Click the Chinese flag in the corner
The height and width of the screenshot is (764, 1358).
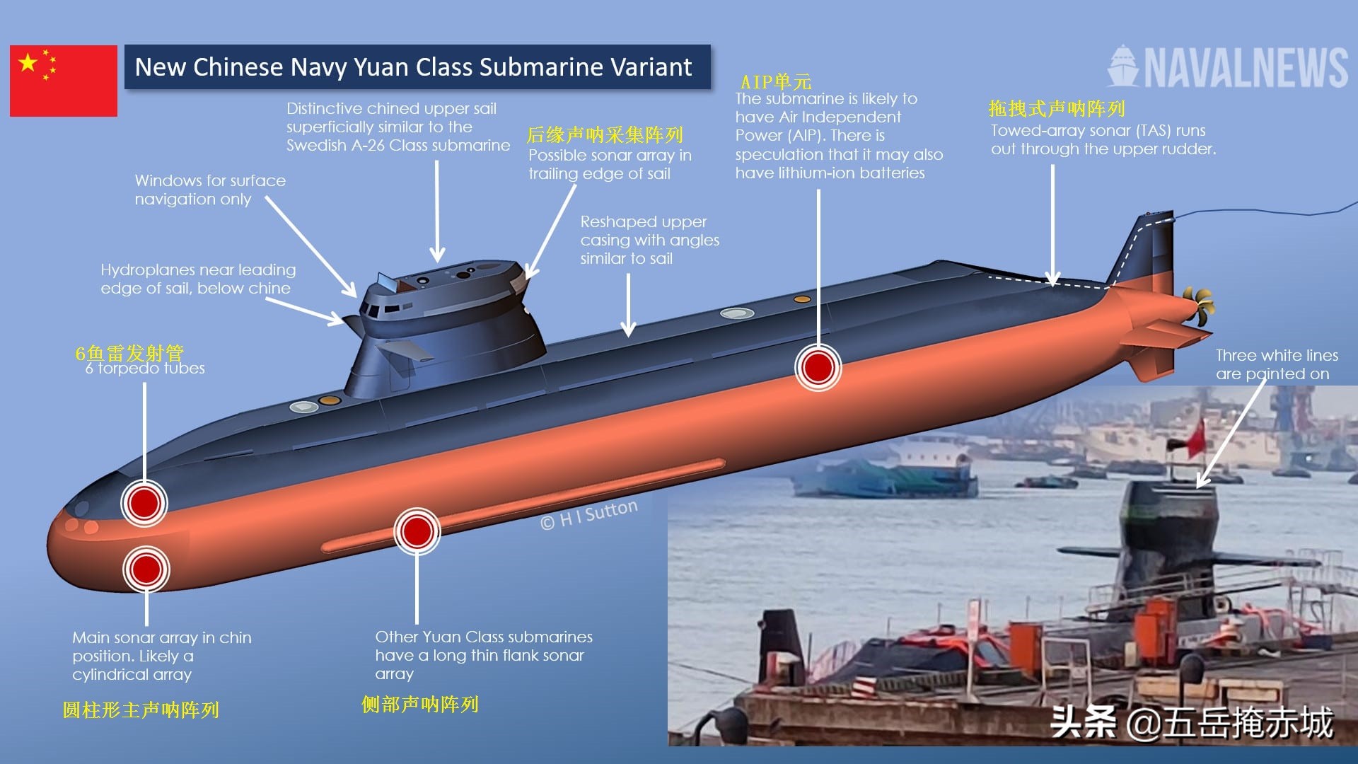tap(64, 81)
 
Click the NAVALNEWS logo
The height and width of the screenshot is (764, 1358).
tap(1227, 67)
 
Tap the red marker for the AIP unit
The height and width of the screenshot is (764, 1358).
tap(818, 367)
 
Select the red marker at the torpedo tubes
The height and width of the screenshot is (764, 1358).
tap(144, 503)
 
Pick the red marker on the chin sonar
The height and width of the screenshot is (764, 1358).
tap(146, 569)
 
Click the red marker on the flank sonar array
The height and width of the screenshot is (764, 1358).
tap(417, 531)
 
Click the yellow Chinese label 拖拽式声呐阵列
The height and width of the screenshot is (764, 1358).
tap(1056, 109)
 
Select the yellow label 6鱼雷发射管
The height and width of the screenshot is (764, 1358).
tap(129, 352)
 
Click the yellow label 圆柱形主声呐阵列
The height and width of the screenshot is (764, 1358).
tap(141, 710)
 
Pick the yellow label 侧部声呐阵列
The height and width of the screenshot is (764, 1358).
tap(420, 705)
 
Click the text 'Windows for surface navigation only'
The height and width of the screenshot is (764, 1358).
tap(210, 190)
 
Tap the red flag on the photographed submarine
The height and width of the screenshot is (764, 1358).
tap(1195, 439)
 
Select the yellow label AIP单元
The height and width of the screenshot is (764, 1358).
tap(776, 81)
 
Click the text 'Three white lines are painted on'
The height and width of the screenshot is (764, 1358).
tap(1277, 364)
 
